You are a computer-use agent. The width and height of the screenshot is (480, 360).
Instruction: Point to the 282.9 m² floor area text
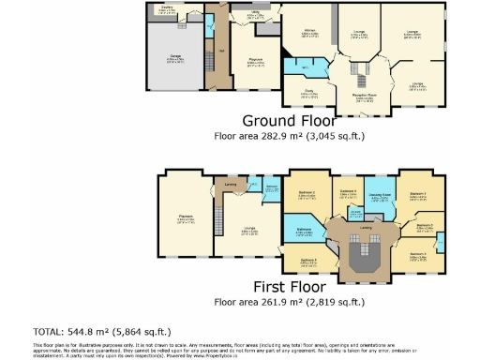pyautogui.click(x=288, y=137)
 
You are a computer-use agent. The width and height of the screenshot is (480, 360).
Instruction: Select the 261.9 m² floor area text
pyautogui.click(x=288, y=302)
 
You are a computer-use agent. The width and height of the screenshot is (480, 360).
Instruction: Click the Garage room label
pyautogui.click(x=175, y=58)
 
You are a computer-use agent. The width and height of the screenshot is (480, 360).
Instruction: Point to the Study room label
pyautogui.click(x=307, y=93)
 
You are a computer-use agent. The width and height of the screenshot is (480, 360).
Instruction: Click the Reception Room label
pyautogui.click(x=361, y=97)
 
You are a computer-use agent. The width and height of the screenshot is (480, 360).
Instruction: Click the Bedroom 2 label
pyautogui.click(x=306, y=194)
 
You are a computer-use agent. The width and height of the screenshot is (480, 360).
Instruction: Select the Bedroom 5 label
pyautogui.click(x=308, y=262)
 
